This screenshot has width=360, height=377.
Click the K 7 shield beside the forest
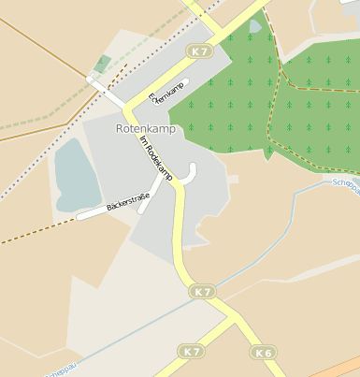click(199, 51)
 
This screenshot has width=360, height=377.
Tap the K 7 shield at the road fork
click(203, 292)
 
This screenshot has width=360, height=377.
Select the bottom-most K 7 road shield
click(192, 352)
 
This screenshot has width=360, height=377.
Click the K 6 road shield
click(263, 353)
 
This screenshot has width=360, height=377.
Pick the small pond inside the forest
click(256, 26)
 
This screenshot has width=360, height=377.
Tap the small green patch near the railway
click(102, 64)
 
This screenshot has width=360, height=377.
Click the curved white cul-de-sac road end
click(192, 170)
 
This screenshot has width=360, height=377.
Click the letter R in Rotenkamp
click(119, 127)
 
